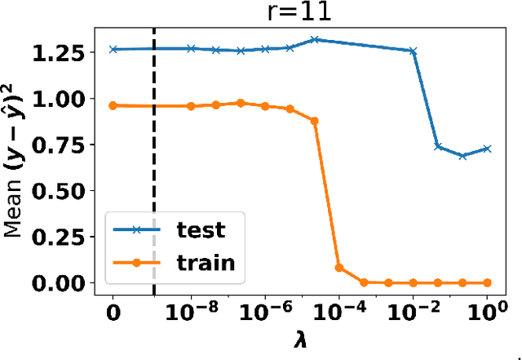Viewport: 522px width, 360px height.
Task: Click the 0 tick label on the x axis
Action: coord(113,313)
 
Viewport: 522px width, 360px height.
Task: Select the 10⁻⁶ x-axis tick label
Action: coord(264,311)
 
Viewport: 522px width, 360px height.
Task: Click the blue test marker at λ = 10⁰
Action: coord(488,149)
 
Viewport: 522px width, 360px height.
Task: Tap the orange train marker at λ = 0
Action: coord(113,105)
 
